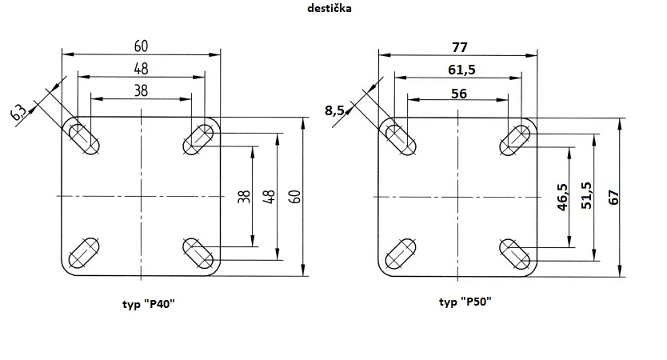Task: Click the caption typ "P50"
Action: [465, 302]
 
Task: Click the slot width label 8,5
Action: [335, 110]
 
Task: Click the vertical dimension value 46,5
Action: [563, 197]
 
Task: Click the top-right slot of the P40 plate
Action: [198, 139]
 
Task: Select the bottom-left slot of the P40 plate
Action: [84, 254]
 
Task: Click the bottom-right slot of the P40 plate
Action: [198, 254]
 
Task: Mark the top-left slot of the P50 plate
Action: [399, 139]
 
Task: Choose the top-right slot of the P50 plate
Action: [516, 139]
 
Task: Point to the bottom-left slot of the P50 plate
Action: [399, 254]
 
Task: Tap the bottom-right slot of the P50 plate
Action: [516, 254]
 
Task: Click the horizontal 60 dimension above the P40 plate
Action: [142, 46]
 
